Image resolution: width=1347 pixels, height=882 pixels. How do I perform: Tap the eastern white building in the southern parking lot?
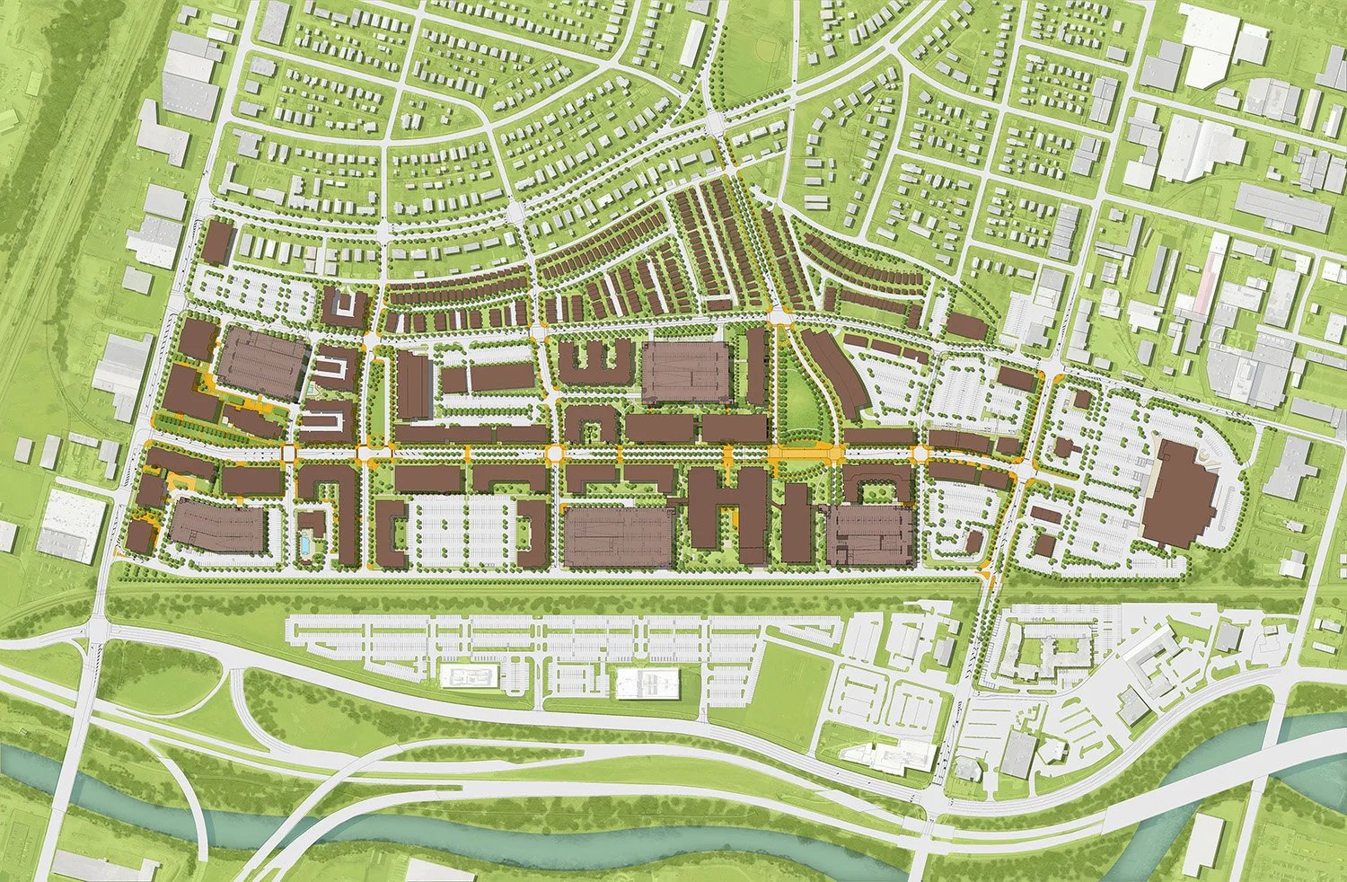647,684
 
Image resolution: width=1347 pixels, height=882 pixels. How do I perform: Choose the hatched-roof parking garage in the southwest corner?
216,526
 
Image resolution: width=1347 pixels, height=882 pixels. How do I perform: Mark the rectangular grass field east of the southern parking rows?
772,674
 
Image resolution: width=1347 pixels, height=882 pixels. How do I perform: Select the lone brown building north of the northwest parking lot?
218,243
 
